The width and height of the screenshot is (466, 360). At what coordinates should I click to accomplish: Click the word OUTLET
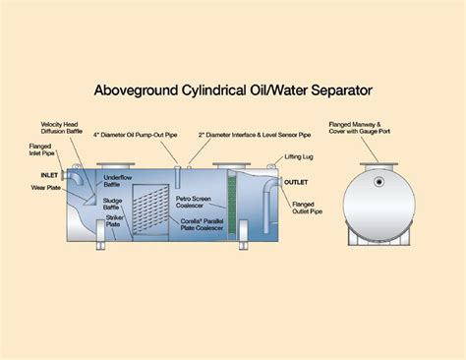[296, 182]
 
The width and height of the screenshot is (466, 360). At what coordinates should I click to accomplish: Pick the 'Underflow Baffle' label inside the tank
[118, 181]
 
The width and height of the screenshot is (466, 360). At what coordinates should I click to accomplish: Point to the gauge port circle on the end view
[378, 181]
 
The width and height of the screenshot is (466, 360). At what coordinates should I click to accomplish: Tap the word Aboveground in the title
[136, 91]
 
